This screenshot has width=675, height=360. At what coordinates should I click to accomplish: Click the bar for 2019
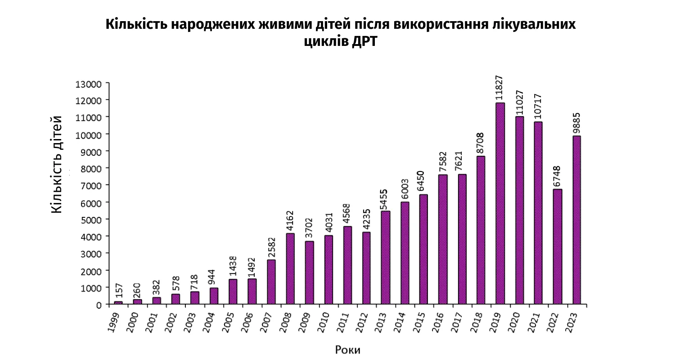tap(500, 203)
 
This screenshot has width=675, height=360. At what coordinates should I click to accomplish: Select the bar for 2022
tap(558, 247)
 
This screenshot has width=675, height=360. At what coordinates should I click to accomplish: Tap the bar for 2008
tap(290, 269)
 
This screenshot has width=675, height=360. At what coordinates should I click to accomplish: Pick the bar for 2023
tap(576, 220)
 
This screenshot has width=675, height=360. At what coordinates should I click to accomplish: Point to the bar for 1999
tap(118, 303)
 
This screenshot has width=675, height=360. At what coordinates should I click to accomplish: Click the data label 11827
tap(499, 88)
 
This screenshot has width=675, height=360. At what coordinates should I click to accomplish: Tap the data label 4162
tap(290, 220)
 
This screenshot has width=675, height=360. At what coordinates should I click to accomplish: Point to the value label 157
tap(118, 290)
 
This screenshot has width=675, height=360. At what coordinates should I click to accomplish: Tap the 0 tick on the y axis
tap(99, 305)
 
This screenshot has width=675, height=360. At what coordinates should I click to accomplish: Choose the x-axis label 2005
tap(228, 322)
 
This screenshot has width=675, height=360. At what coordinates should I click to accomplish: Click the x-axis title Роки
tap(348, 350)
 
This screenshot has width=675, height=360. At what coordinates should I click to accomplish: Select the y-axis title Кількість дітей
tap(57, 164)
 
